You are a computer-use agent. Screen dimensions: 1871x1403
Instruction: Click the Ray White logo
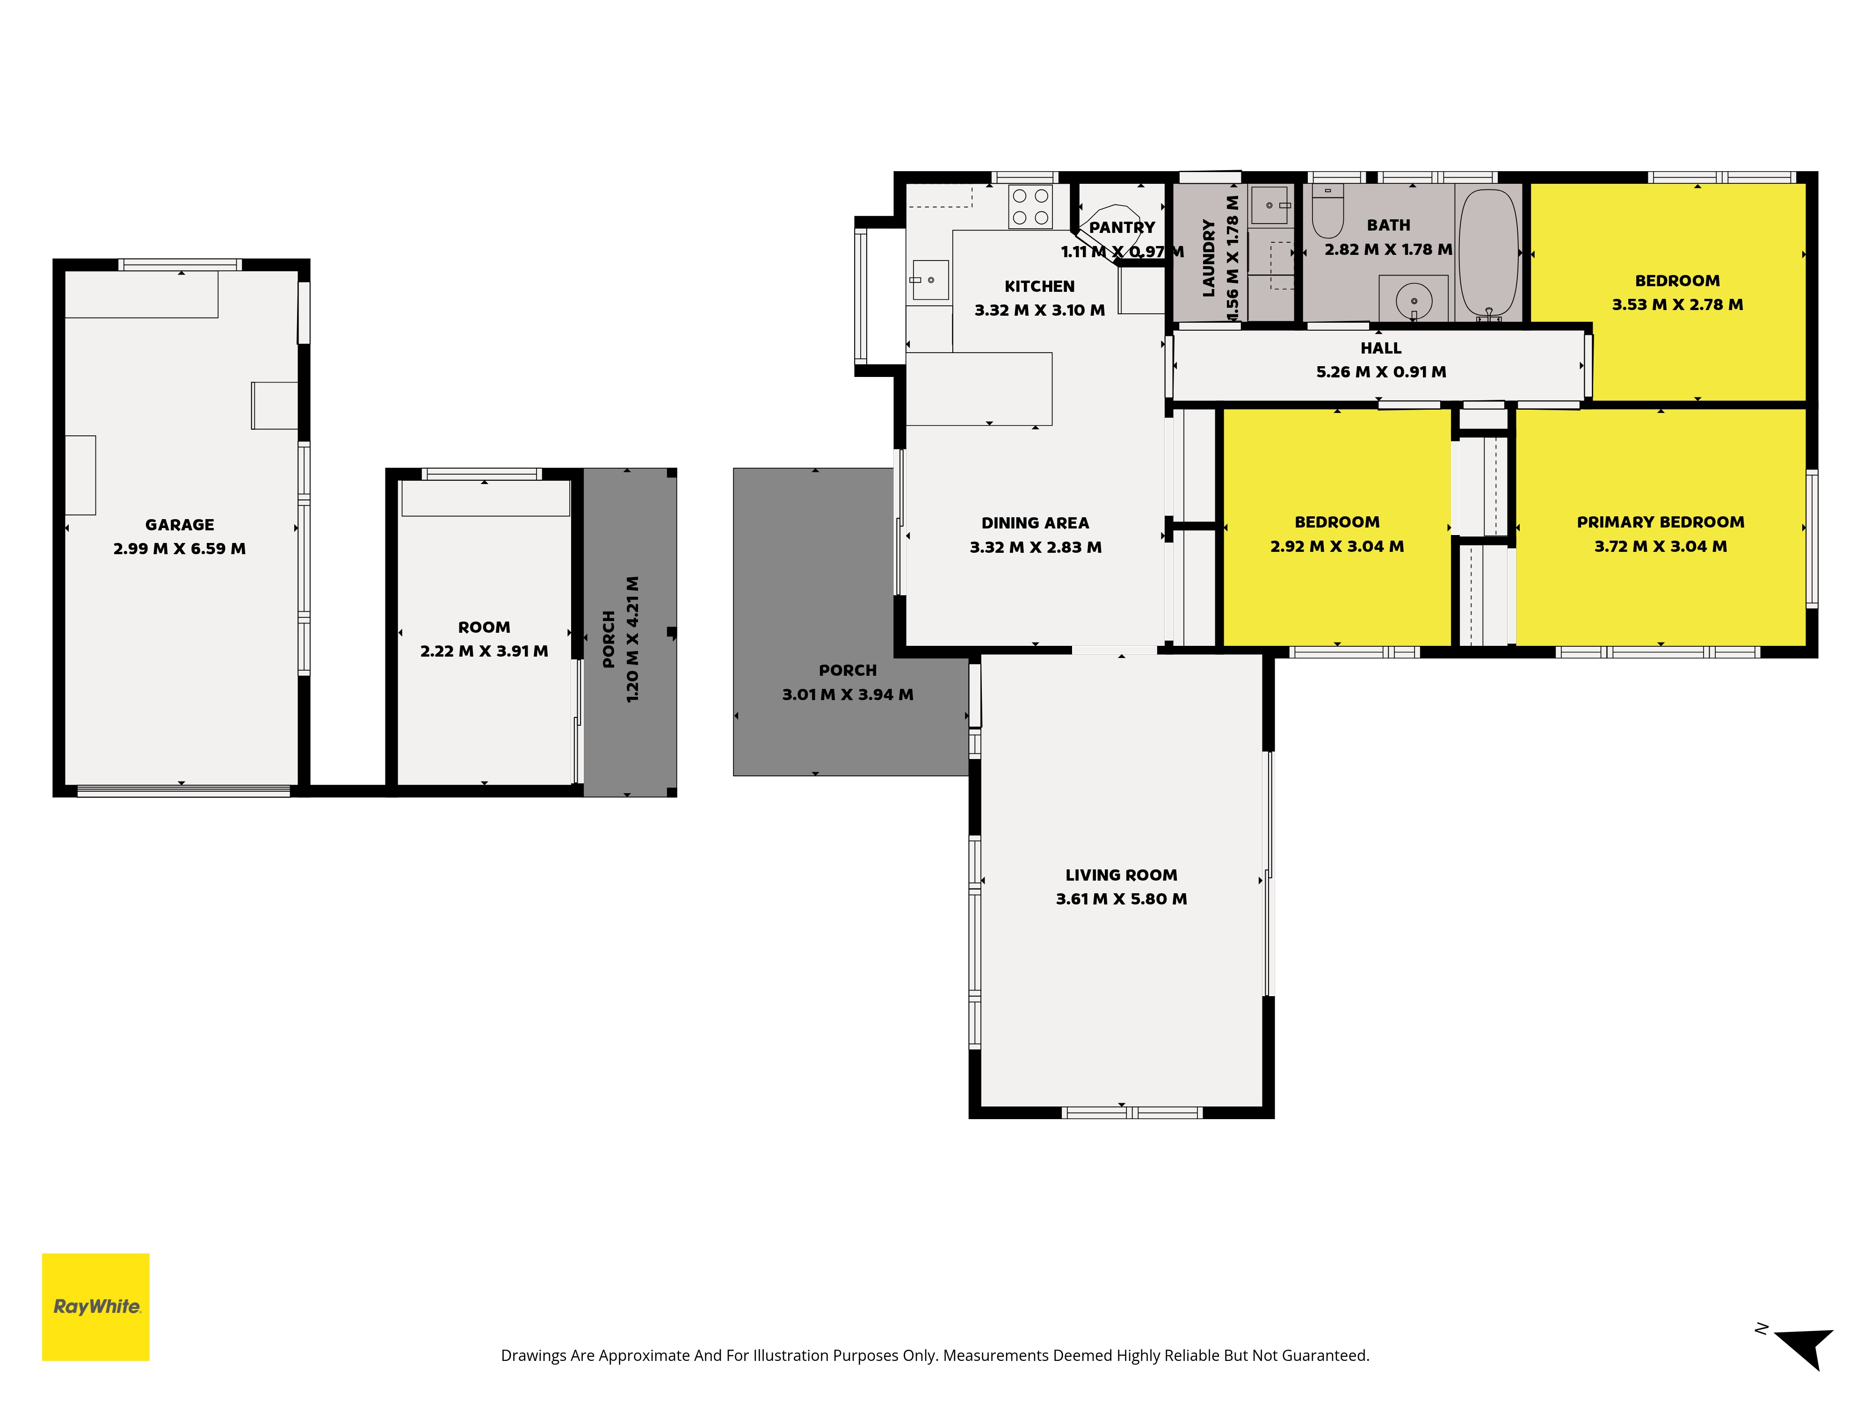click(x=95, y=1307)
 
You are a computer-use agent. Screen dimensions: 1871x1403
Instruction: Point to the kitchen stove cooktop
click(x=1030, y=206)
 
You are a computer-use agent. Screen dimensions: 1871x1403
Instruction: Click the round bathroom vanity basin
click(x=1414, y=300)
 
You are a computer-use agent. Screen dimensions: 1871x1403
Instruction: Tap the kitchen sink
click(x=929, y=280)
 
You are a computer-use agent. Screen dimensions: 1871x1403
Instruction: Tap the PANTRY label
click(x=1122, y=227)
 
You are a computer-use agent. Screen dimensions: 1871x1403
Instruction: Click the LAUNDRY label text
click(x=1209, y=258)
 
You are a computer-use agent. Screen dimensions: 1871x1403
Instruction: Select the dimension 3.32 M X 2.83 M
click(x=1035, y=547)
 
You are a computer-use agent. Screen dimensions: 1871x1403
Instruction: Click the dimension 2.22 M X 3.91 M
click(x=484, y=651)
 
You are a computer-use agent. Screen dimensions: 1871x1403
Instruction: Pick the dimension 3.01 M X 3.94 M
click(x=848, y=694)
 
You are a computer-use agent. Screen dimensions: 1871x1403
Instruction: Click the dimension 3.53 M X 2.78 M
click(x=1677, y=304)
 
